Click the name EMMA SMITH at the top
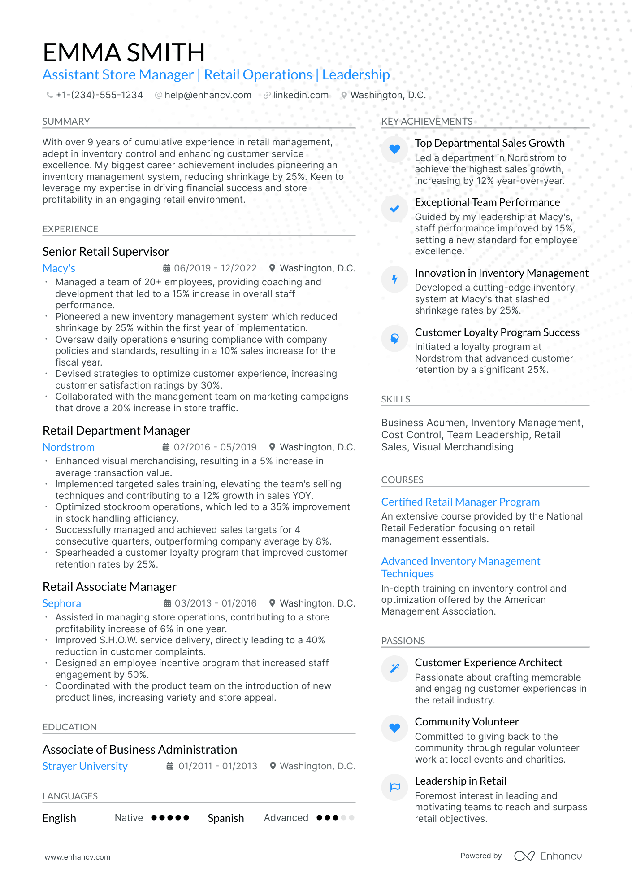tap(124, 52)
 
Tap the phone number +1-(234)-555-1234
tap(99, 95)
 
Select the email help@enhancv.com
tap(208, 95)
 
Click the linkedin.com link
tap(300, 95)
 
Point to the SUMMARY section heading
tap(66, 122)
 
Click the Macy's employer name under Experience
tap(59, 268)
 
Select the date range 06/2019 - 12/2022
tap(215, 268)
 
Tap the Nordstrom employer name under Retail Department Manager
tap(69, 447)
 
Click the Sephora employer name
tap(62, 603)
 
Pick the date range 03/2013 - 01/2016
tap(215, 603)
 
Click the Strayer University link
tap(85, 766)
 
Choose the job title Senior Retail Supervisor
tap(106, 252)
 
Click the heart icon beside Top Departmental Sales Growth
tap(394, 149)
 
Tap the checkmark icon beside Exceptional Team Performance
tap(394, 209)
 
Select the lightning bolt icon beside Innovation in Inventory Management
tap(394, 279)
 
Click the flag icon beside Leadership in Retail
tap(394, 787)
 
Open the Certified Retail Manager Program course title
tap(460, 502)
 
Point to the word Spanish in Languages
tap(226, 818)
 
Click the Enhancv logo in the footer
tap(548, 856)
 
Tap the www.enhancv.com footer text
tap(77, 857)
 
